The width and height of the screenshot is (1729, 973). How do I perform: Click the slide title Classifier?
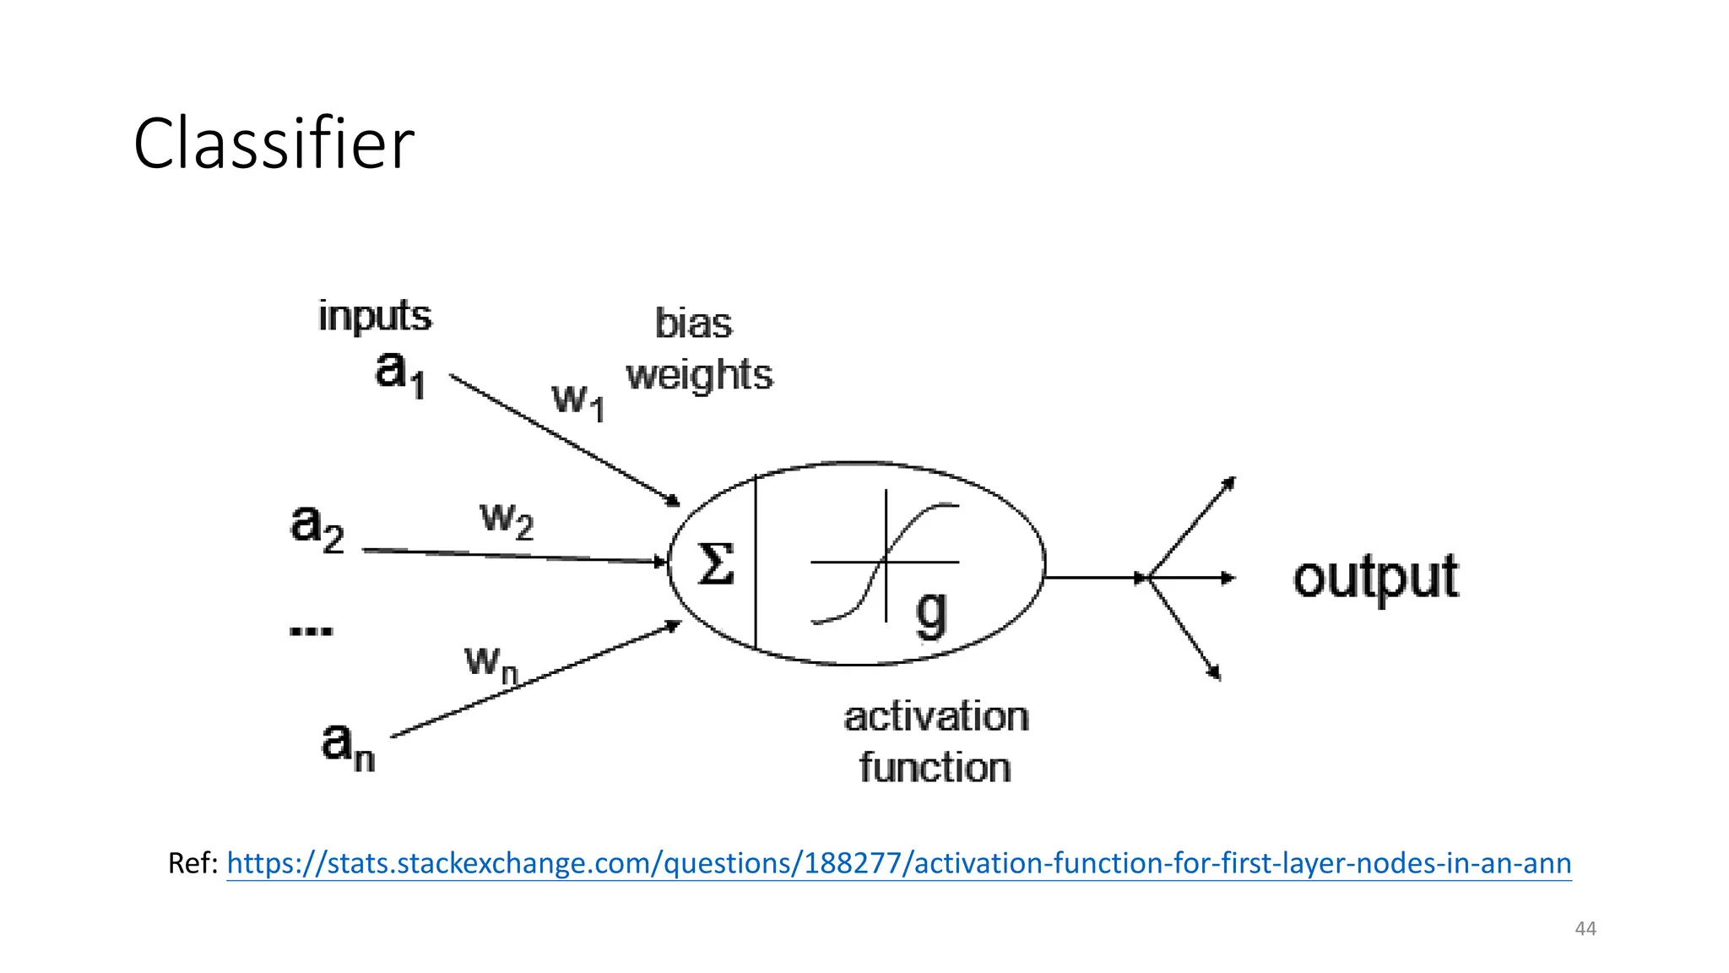[274, 144]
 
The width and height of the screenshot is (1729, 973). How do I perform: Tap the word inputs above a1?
[374, 317]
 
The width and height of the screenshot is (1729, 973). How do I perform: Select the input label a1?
[399, 373]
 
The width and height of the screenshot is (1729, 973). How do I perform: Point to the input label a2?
[317, 527]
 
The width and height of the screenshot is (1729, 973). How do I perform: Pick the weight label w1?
[578, 400]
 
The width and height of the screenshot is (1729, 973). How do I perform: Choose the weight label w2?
[507, 519]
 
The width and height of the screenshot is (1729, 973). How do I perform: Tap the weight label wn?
[491, 663]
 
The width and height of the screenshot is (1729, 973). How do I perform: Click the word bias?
[693, 324]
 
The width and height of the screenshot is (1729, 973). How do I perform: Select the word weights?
[699, 374]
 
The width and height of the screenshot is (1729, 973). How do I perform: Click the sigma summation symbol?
[715, 564]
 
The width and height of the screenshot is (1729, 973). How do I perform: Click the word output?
[1375, 579]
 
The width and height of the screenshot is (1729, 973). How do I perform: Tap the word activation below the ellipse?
[935, 717]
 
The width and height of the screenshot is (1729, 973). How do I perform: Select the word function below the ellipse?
[935, 768]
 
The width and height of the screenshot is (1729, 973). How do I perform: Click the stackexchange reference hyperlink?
[898, 863]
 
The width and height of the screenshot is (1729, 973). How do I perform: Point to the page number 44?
[1585, 929]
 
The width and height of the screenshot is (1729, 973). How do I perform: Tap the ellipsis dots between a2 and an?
[311, 630]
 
